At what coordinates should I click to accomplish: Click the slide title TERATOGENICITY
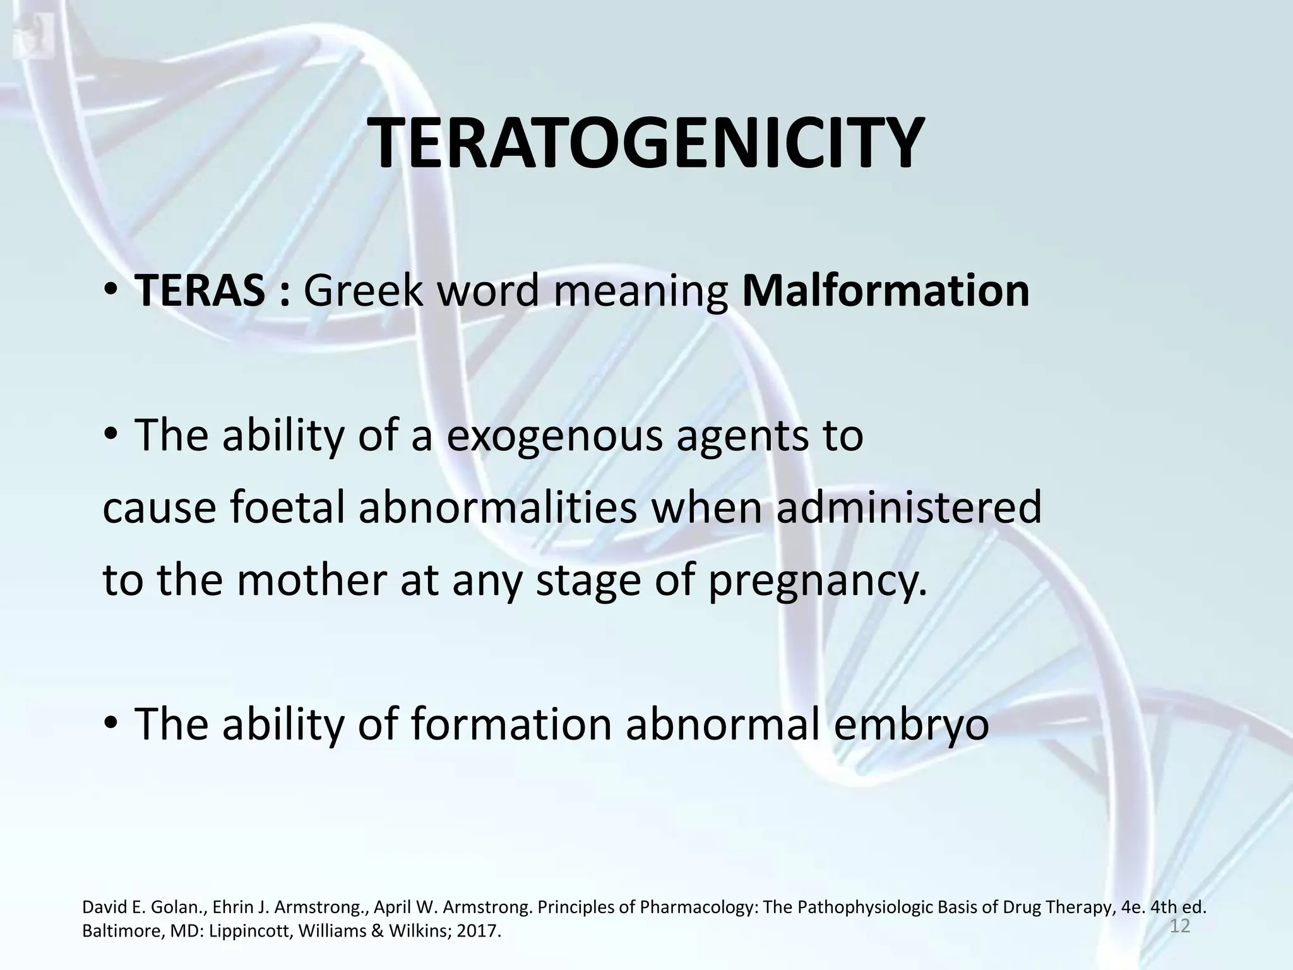click(x=645, y=144)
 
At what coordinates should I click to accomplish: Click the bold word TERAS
click(x=200, y=290)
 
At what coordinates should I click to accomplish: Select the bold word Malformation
click(x=886, y=290)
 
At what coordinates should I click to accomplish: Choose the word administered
click(x=909, y=509)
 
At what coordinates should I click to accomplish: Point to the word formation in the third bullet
click(x=511, y=725)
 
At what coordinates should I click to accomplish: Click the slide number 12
click(x=1180, y=927)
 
